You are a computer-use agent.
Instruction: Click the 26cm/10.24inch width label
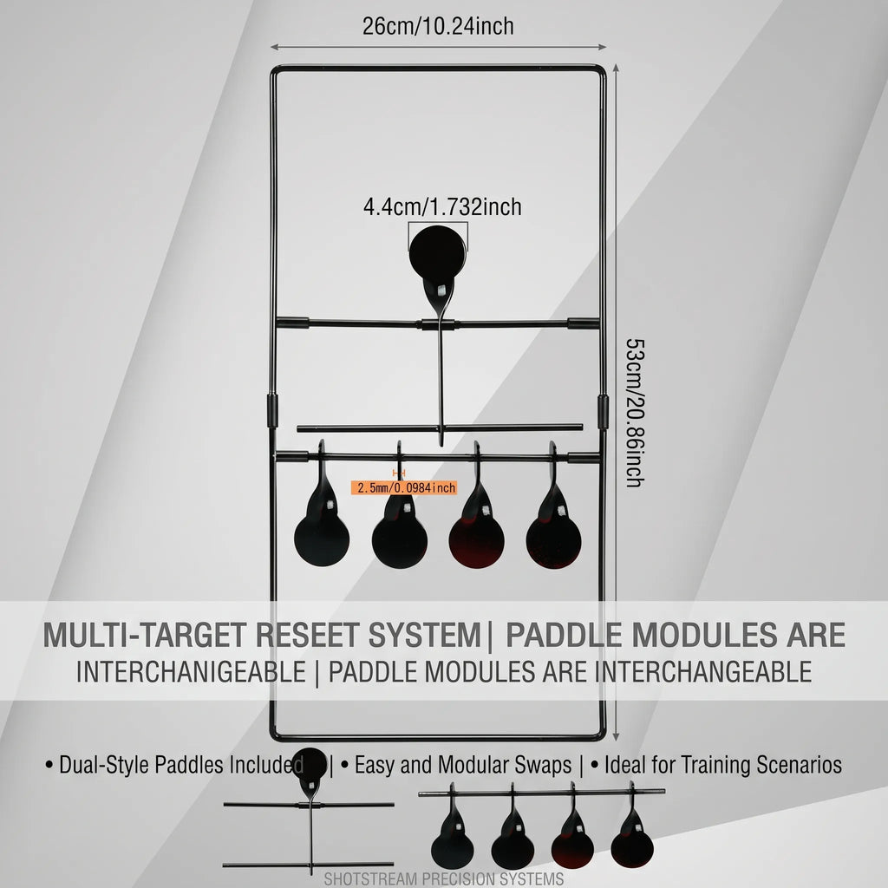[438, 26]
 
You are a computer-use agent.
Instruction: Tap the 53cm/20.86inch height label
[635, 413]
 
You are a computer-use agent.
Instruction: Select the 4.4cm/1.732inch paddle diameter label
[442, 206]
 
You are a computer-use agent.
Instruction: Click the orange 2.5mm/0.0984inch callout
[404, 487]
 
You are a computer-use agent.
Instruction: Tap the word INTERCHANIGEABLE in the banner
[191, 672]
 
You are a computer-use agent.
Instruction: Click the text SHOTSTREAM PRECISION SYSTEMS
[443, 879]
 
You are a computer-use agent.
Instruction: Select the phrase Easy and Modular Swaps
[463, 765]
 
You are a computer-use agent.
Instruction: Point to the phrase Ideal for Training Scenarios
[722, 765]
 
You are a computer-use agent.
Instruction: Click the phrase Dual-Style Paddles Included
[181, 765]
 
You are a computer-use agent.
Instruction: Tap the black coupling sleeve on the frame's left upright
[272, 410]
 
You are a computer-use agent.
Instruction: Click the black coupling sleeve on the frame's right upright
[604, 412]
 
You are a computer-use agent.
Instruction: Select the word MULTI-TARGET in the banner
[146, 635]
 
